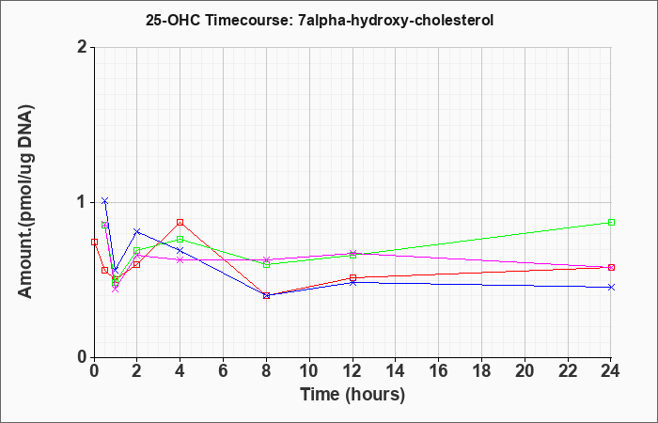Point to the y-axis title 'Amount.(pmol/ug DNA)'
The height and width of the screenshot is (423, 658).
click(x=25, y=202)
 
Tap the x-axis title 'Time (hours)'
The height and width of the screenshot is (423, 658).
click(x=352, y=395)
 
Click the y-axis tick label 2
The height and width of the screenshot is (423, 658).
click(x=83, y=47)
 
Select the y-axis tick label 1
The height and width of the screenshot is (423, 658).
click(x=83, y=202)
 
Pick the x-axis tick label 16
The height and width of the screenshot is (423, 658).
click(x=439, y=371)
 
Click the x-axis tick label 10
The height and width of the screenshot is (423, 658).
click(x=309, y=371)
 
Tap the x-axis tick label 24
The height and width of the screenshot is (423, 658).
click(x=611, y=371)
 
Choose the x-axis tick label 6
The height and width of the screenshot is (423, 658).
click(x=223, y=371)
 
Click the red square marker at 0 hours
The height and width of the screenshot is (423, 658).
click(x=94, y=242)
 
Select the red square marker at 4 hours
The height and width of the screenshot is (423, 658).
click(x=180, y=222)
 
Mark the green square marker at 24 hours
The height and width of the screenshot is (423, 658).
click(x=611, y=222)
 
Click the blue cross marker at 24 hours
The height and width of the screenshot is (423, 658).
click(x=611, y=287)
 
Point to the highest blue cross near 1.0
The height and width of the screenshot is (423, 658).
click(x=105, y=200)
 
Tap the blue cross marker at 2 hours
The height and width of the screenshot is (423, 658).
click(x=137, y=231)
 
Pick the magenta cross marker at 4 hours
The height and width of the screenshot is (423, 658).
click(x=180, y=259)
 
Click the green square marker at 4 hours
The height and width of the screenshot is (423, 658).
click(x=180, y=239)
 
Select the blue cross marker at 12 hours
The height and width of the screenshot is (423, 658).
click(x=352, y=282)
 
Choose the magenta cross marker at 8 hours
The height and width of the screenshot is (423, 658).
click(x=266, y=259)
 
